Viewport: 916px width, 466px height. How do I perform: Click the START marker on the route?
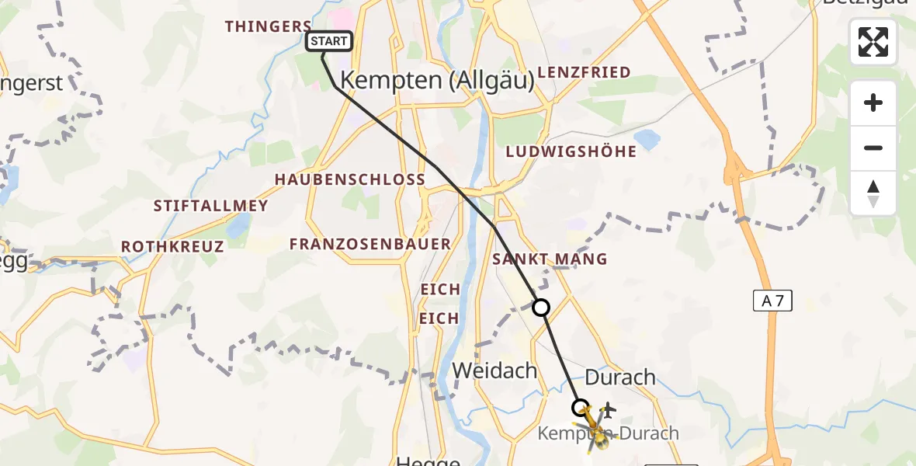coord(330,41)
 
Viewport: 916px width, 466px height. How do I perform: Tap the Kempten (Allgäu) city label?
coord(437,81)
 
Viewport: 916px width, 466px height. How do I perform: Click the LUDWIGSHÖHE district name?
coord(571,151)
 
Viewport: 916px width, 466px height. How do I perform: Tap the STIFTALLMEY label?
coord(210,207)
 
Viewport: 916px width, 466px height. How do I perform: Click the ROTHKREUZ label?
coord(172,247)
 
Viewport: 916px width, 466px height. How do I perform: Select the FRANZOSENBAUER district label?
coord(370,244)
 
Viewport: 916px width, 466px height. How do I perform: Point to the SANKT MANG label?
coord(550,259)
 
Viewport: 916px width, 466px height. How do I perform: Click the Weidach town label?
coord(494,371)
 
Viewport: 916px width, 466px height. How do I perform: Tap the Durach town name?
coord(619,378)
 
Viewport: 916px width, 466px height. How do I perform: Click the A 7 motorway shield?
coord(772,301)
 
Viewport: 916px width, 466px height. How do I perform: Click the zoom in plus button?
coord(873,103)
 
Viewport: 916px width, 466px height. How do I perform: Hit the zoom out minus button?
coord(873,148)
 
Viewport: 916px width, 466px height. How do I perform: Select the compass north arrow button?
coord(873,193)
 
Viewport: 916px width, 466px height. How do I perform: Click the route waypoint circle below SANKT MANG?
coord(541,308)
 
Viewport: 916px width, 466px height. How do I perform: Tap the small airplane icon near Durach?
coord(608,409)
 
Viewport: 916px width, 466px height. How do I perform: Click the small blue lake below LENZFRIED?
coord(646,139)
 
